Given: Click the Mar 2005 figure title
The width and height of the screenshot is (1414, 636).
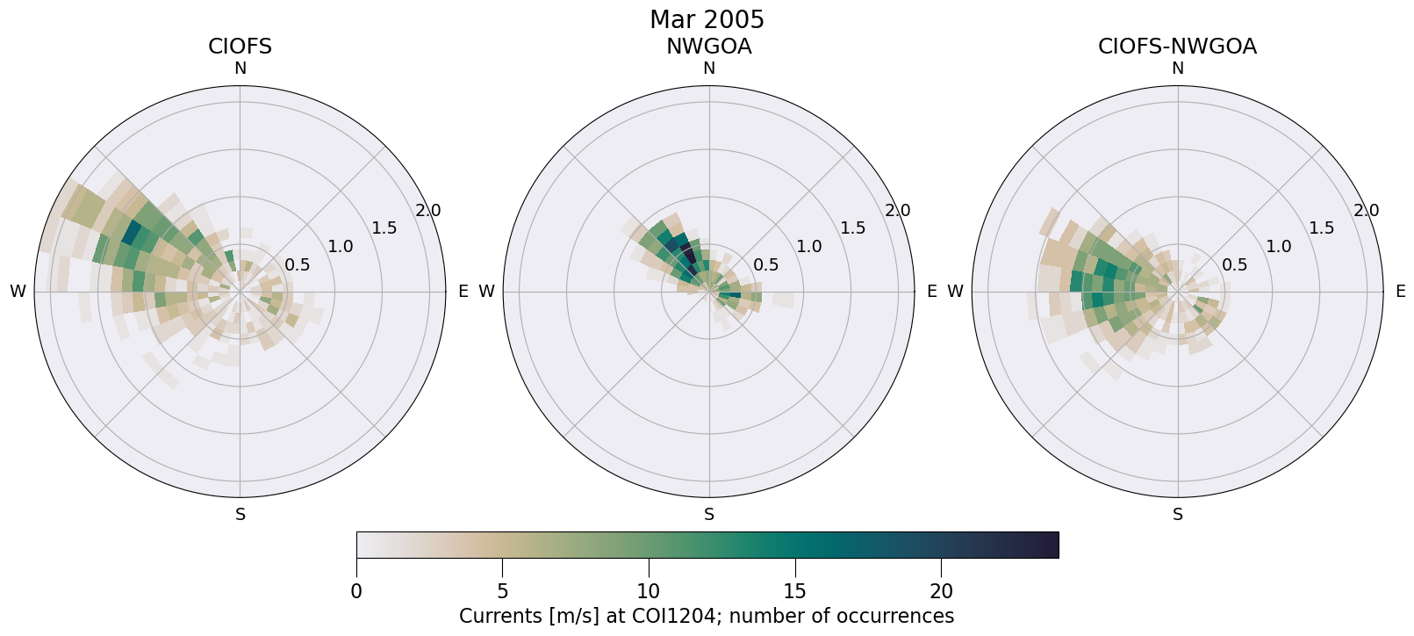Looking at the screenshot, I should point(707,19).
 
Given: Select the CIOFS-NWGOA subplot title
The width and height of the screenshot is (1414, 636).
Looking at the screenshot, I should point(1177,47).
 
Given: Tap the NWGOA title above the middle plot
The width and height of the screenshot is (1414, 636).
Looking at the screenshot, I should point(708,47).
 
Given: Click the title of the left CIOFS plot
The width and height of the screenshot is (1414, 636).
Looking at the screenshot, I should point(240,47).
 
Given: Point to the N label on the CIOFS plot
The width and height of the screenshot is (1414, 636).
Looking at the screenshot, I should point(240,69).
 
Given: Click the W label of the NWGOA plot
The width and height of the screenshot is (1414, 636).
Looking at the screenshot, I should point(486,292).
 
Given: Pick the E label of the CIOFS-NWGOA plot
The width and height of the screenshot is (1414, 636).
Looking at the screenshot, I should point(1400,292).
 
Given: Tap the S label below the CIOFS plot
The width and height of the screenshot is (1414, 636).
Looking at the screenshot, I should point(240,515).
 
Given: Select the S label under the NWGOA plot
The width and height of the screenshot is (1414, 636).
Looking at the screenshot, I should point(708,515).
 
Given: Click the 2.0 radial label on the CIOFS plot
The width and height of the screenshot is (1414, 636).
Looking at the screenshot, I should point(428,211).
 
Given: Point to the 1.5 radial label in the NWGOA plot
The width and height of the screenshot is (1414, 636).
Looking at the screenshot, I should point(852,228).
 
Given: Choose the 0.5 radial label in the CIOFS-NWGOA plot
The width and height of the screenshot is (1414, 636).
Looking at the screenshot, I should point(1235,265).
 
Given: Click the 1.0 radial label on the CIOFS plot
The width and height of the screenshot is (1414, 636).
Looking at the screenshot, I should point(341,247).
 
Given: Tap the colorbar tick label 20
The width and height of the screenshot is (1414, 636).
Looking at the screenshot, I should point(941,591).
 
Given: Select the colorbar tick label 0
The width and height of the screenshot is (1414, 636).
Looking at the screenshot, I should point(356,591).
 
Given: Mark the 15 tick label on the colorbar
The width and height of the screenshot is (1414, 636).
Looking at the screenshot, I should point(794,591).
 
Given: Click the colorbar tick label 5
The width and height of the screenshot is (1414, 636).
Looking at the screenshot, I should point(502,591).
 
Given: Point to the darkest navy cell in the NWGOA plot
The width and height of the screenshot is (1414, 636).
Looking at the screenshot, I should point(689,257).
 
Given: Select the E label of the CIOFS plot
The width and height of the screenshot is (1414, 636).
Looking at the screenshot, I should point(463,292).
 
